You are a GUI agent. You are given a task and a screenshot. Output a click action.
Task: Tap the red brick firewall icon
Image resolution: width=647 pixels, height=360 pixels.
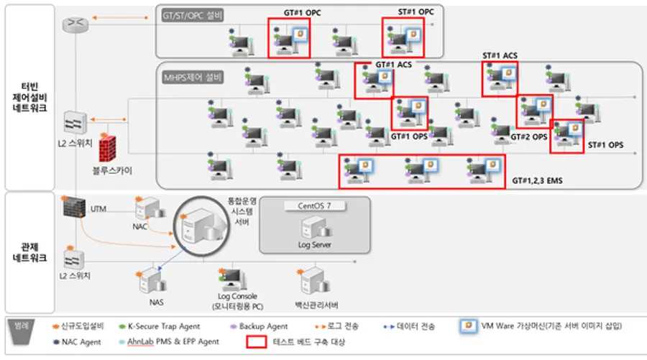click(x=107, y=149)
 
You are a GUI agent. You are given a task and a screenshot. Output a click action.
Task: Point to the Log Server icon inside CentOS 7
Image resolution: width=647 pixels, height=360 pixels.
click(x=315, y=229)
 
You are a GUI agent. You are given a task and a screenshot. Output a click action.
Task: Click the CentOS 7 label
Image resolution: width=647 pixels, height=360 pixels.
click(x=314, y=205)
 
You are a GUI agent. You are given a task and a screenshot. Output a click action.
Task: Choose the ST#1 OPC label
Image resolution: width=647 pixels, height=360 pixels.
click(x=416, y=12)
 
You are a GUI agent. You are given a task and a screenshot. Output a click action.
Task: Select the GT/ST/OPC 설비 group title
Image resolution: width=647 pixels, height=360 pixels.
click(x=193, y=14)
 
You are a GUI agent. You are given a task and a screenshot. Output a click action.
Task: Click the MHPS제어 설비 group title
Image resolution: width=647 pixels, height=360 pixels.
click(x=192, y=76)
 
